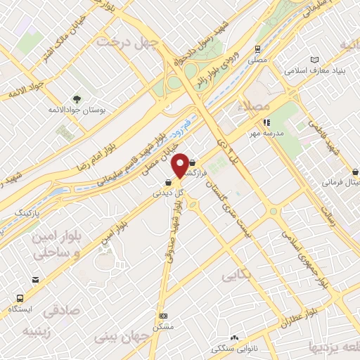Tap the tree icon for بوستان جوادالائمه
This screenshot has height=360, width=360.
(77, 98)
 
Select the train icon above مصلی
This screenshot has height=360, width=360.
(258, 49)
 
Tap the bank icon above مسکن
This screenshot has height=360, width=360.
(163, 316)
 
